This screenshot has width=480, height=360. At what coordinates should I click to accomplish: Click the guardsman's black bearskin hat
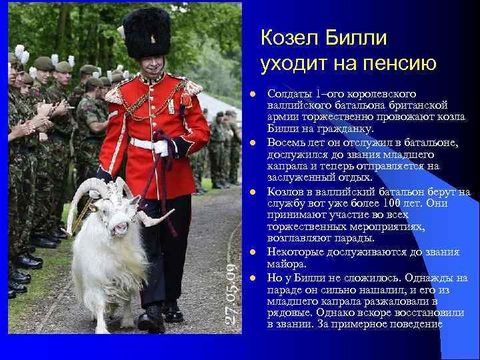click(x=147, y=33)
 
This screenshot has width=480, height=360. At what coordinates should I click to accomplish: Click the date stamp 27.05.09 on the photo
click(x=231, y=293)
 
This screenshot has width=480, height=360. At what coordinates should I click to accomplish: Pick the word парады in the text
click(x=357, y=239)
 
